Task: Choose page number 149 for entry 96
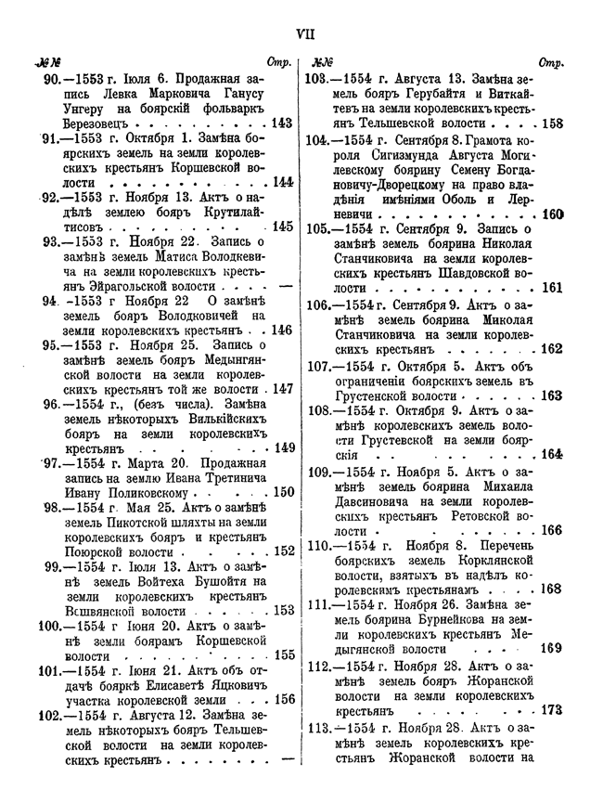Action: click(x=284, y=448)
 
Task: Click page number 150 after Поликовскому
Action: click(x=283, y=492)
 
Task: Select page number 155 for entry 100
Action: click(x=282, y=654)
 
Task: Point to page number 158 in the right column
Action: click(x=553, y=122)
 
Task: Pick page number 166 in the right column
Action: click(x=553, y=530)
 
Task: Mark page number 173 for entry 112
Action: click(x=553, y=709)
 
